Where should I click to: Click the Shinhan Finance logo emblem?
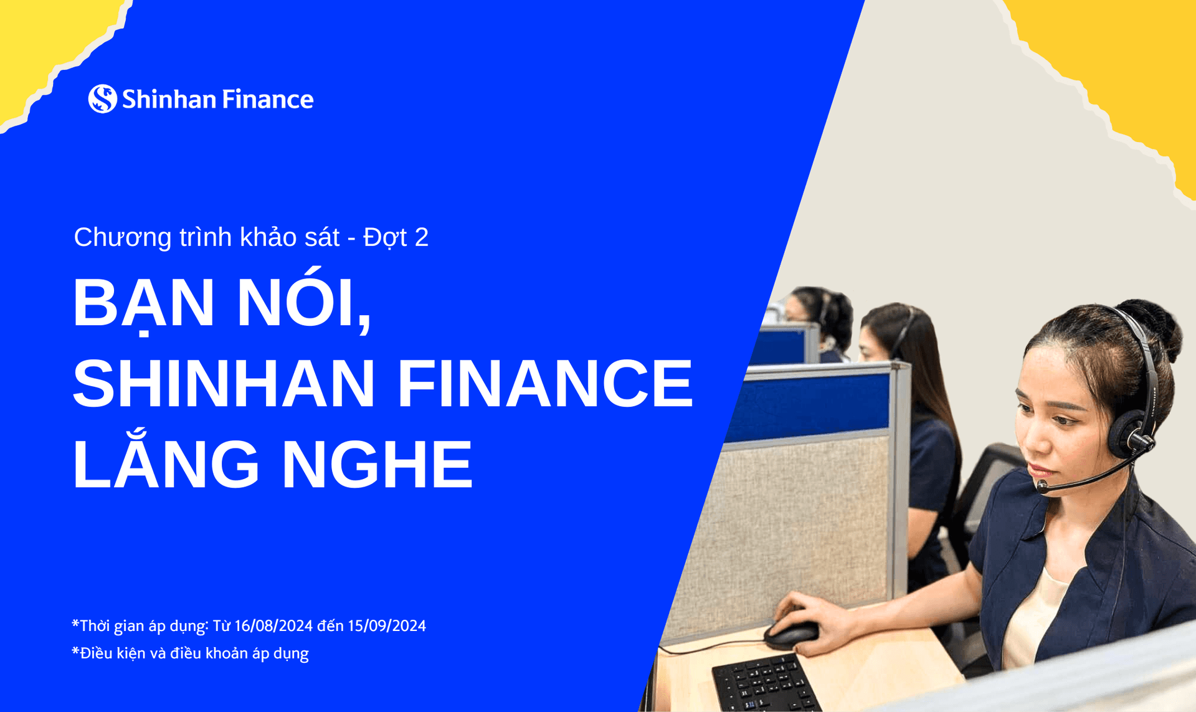[x=102, y=98]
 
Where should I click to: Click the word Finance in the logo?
[x=267, y=100]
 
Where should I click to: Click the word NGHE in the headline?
[x=377, y=464]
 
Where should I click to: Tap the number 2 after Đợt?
[x=421, y=237]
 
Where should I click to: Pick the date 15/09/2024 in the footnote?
[x=387, y=626]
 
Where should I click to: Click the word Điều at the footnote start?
[x=93, y=653]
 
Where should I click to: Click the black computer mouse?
[x=791, y=634]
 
